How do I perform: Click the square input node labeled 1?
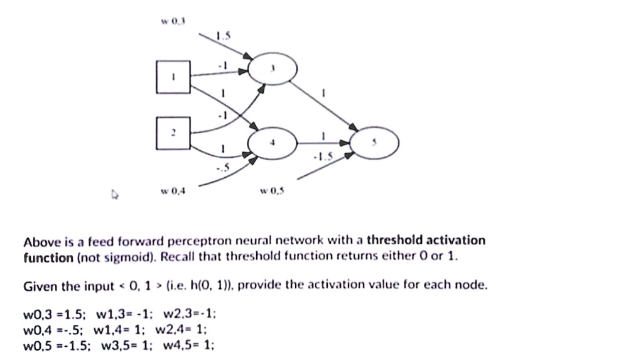tap(174, 77)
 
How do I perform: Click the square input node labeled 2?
tap(174, 133)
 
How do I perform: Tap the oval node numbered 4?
tap(272, 143)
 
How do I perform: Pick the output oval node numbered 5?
tap(375, 143)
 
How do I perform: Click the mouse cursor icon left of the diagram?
tap(114, 195)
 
